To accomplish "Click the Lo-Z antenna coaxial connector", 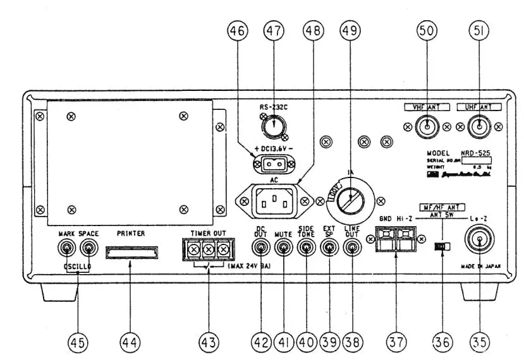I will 479,242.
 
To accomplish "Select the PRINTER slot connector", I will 131,253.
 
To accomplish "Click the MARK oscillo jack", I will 64,248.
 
